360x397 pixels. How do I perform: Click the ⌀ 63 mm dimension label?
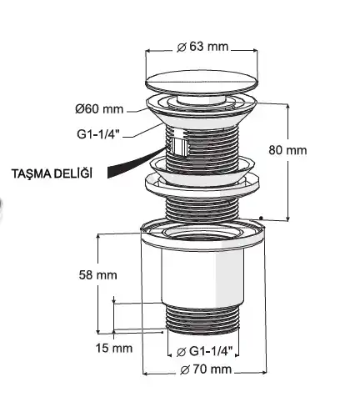coord(202,47)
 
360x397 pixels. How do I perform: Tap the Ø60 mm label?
coord(99,109)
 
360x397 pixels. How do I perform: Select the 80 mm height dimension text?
coord(287,150)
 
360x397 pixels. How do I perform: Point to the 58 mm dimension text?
coord(97,275)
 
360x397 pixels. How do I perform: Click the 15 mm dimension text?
coord(114,348)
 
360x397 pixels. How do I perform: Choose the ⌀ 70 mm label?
coord(206,369)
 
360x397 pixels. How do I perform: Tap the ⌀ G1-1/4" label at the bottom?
coord(204,351)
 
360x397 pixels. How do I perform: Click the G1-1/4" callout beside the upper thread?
coord(98,134)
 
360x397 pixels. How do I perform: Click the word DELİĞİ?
coord(72,173)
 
